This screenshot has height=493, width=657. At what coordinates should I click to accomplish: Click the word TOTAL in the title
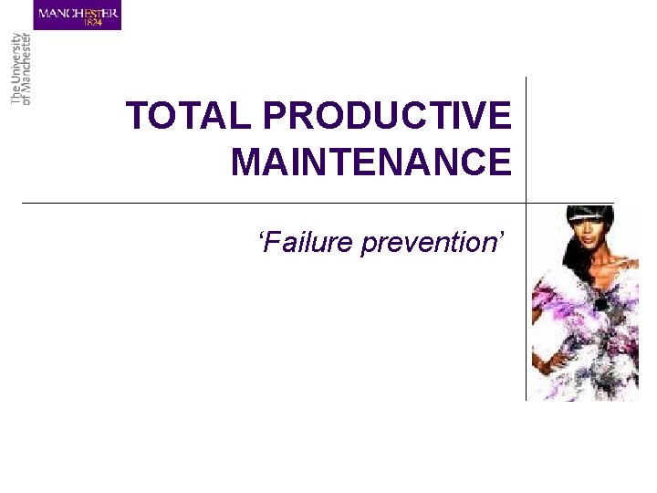[188, 117]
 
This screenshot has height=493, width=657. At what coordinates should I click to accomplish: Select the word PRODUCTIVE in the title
[387, 117]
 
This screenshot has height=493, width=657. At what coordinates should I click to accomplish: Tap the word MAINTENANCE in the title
[371, 163]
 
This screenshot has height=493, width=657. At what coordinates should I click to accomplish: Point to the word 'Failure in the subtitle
[307, 243]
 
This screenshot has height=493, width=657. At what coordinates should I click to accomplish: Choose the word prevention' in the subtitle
[432, 243]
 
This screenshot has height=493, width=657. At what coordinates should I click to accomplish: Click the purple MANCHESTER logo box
[78, 16]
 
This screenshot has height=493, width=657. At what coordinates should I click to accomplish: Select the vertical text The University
[16, 68]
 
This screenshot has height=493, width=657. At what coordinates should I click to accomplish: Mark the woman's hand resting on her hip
[546, 365]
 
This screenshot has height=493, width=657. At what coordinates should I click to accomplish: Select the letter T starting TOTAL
[135, 117]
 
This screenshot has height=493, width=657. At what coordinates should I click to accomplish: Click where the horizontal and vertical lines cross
[527, 203]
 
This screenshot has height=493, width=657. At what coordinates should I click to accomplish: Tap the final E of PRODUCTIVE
[499, 117]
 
